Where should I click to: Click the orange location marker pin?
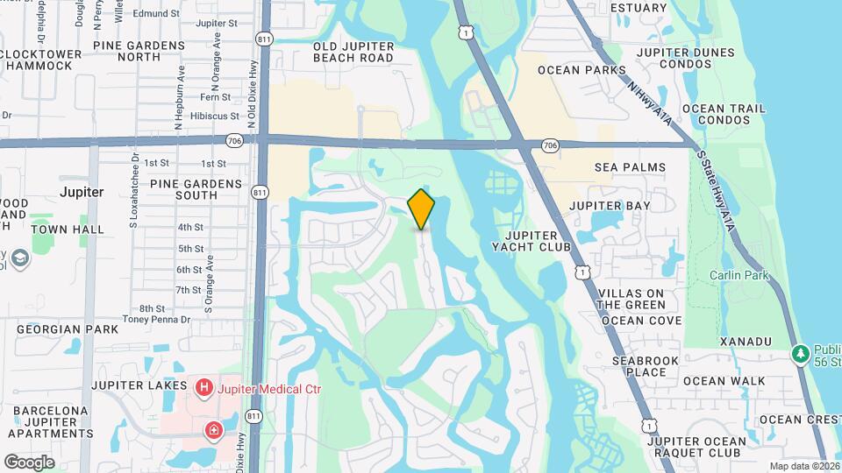421,209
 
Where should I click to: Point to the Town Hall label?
68,229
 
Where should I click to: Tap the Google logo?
29,462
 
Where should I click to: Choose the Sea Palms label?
630,167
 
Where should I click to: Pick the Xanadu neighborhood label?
745,340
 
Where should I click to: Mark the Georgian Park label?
68,329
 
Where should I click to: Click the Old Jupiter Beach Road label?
353,52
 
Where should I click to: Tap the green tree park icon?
799,355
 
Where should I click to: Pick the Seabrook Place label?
639,366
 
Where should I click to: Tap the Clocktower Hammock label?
46,59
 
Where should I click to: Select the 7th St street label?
189,290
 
